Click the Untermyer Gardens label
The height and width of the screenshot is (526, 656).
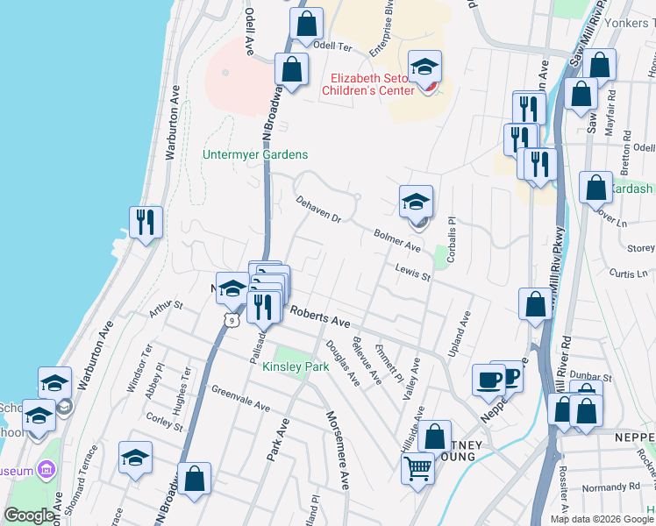tap(255, 155)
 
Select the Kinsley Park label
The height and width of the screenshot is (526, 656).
tap(295, 366)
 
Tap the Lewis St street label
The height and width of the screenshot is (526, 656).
tap(412, 274)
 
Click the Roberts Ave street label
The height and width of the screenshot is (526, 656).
tap(320, 316)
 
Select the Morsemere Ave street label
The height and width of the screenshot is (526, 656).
tap(339, 450)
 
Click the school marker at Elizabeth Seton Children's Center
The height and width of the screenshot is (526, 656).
tap(425, 68)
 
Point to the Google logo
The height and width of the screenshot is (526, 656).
tap(29, 515)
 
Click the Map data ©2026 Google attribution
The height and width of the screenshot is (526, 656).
tap(601, 519)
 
